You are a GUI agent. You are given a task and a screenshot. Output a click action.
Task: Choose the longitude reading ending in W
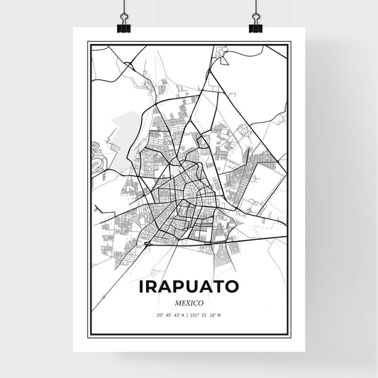206,314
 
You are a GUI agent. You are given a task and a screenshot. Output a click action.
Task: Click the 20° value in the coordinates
160,314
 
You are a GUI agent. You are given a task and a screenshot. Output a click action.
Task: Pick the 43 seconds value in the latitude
177,314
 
